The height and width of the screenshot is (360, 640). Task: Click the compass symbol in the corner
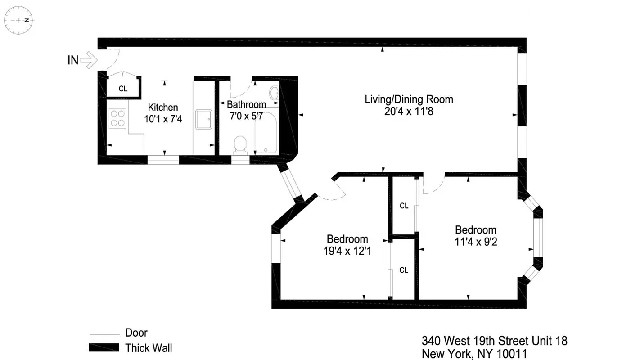pos(19,20)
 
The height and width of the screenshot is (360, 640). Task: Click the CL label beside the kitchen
pos(123,89)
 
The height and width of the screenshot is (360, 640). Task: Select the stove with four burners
pos(117,118)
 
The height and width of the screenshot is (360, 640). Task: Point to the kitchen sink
pos(204,119)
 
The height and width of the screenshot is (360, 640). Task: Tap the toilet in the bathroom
pos(241,144)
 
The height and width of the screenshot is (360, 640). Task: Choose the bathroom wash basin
pos(274,94)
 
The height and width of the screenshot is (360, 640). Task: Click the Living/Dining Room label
pos(409,99)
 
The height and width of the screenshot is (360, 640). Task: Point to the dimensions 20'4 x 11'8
pos(409,111)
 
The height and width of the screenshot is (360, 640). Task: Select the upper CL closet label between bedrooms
pos(404,206)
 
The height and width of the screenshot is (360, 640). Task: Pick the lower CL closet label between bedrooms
pos(404,270)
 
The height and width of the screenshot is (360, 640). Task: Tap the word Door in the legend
pos(136,333)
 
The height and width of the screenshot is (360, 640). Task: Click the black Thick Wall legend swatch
pos(104,347)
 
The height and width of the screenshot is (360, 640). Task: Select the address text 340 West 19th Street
pos(494,341)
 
